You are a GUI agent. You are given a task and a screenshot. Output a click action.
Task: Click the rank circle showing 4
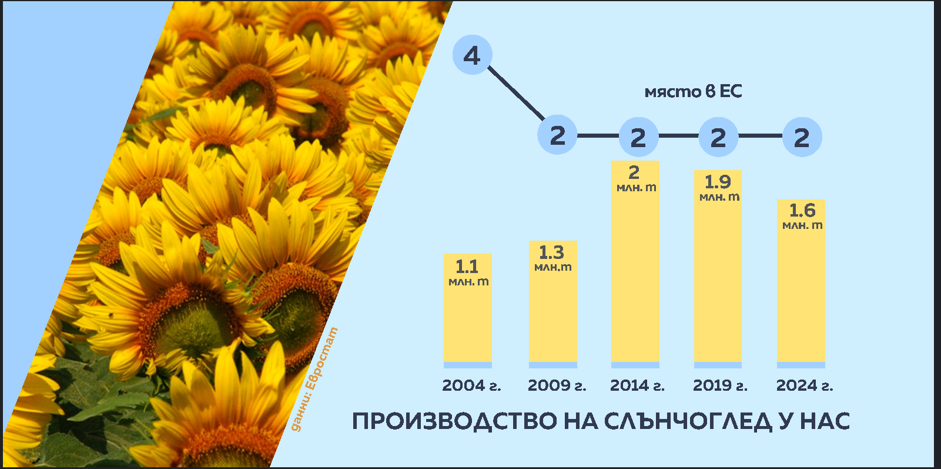pos(472,55)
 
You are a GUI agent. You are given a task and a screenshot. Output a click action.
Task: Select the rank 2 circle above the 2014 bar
pos(638,137)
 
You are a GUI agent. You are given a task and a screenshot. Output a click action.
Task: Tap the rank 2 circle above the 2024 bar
pos(802,137)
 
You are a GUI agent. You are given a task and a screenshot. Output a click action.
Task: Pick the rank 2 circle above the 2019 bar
pos(718,137)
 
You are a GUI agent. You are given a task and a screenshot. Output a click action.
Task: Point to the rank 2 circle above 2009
pos(557,135)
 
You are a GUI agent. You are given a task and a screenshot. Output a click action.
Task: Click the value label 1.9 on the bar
pos(718,182)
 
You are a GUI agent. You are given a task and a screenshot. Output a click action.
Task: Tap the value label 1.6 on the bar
pos(802,210)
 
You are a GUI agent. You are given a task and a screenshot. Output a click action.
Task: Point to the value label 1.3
pos(551,252)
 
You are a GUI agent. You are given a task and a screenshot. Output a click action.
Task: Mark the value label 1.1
pos(467,267)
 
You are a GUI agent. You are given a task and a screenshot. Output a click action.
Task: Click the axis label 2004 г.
pos(471,385)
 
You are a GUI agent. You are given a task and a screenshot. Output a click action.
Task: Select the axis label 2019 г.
pos(720,385)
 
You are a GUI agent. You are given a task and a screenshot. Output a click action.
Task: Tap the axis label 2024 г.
pos(804,385)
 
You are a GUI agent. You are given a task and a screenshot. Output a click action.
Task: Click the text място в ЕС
pos(693,91)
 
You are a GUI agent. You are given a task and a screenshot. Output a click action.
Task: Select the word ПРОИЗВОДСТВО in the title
pos(454,421)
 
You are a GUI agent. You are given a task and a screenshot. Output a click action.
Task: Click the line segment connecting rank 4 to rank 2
pos(516,93)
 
